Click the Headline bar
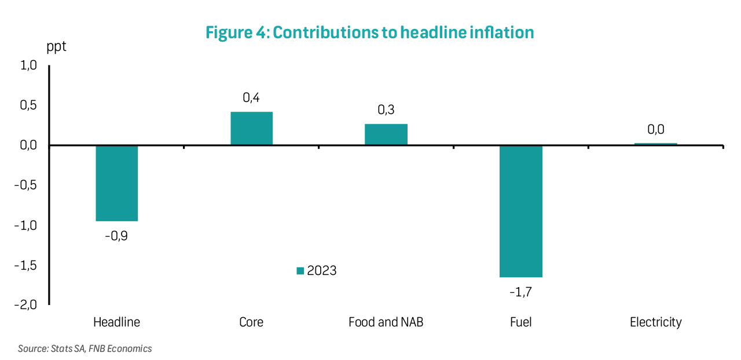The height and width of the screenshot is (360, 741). [116, 183]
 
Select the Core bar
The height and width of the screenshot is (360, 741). [251, 128]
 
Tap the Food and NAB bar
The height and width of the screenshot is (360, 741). [386, 134]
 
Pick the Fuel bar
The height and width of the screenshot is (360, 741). [521, 211]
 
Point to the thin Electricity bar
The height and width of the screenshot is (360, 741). [655, 144]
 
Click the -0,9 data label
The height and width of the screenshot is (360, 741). [116, 236]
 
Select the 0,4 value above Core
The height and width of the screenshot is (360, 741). [251, 98]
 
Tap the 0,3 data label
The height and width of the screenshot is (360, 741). [386, 110]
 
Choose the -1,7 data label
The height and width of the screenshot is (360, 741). [520, 292]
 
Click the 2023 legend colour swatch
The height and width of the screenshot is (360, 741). [300, 271]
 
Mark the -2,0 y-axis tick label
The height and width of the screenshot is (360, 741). [25, 305]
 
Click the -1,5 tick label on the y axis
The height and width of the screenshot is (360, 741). [25, 265]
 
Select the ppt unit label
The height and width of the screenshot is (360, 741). [56, 47]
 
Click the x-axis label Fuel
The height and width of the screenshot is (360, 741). [520, 322]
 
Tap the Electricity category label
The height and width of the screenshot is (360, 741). [655, 322]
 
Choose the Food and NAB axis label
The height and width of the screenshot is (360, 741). [386, 322]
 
